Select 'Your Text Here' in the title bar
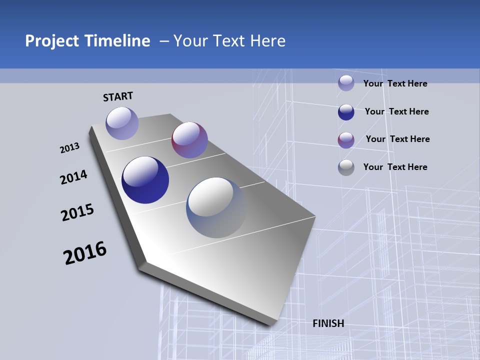(229, 41)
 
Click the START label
(118, 96)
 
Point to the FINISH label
(328, 323)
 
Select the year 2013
(69, 148)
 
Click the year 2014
(73, 177)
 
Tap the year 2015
(77, 212)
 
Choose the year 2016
(85, 253)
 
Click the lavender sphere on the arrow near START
(122, 123)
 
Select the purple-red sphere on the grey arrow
(189, 140)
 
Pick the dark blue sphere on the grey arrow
(145, 180)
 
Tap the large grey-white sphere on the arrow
(216, 207)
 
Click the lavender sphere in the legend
(346, 83)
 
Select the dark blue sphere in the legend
(346, 112)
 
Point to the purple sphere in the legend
(346, 140)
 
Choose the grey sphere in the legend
(346, 167)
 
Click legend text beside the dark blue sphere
(396, 111)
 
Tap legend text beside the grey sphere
(395, 167)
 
